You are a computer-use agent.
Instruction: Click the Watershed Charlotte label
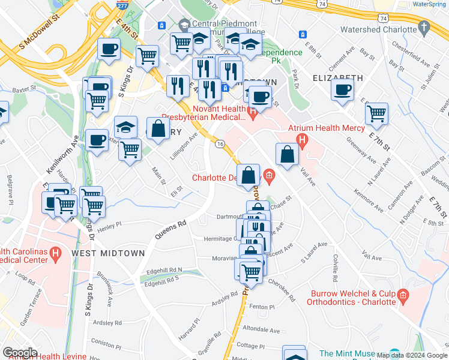[x=378, y=29]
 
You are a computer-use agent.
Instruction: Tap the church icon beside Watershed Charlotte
[x=424, y=28]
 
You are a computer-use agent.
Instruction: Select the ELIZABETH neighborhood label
[x=338, y=78]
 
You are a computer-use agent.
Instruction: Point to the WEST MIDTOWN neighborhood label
[x=108, y=253]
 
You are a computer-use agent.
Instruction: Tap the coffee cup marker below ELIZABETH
[x=342, y=90]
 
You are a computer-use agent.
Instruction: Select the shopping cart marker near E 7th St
[x=376, y=113]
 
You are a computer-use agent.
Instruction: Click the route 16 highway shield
[x=220, y=144]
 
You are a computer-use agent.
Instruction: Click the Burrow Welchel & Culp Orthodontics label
[x=352, y=298]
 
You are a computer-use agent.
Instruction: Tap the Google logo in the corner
[x=20, y=353]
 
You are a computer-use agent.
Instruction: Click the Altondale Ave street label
[x=261, y=330]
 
